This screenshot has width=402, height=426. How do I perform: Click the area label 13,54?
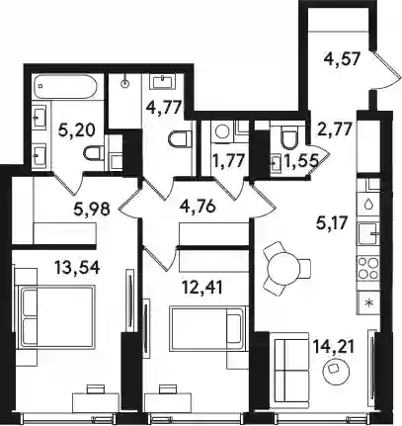(x=77, y=268)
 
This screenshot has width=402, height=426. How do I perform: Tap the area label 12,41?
(x=201, y=288)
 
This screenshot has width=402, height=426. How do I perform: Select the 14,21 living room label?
(x=334, y=348)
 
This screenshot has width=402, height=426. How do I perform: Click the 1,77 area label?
(x=228, y=162)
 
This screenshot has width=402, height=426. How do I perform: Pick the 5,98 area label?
(x=92, y=209)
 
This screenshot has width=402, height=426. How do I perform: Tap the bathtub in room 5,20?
(x=66, y=86)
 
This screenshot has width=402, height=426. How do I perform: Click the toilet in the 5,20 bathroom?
(x=93, y=154)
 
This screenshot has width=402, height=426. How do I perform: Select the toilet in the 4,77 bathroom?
(x=180, y=139)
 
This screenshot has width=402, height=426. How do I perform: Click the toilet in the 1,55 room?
(x=289, y=138)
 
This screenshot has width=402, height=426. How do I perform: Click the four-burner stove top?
(x=368, y=269)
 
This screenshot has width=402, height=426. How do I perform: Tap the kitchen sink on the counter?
(x=368, y=233)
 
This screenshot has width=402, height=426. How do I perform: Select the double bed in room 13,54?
(x=58, y=316)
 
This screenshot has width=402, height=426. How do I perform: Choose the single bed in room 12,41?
(x=208, y=328)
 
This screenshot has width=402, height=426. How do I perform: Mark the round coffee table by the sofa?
(x=335, y=372)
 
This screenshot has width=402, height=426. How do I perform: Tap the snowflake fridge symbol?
(x=368, y=302)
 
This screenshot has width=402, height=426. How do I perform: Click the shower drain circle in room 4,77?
(x=125, y=83)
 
